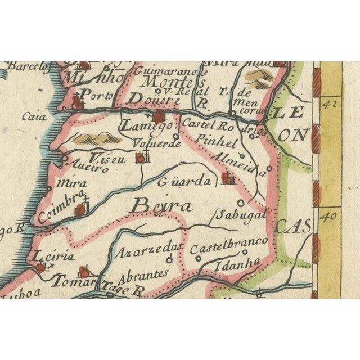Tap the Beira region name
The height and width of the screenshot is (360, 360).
pos(161,206)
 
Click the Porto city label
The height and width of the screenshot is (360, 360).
pos(92,94)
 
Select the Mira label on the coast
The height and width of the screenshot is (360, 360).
pos(73,183)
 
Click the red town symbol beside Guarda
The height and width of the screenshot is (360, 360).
pos(227,179)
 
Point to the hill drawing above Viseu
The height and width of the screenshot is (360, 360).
pos(92,137)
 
